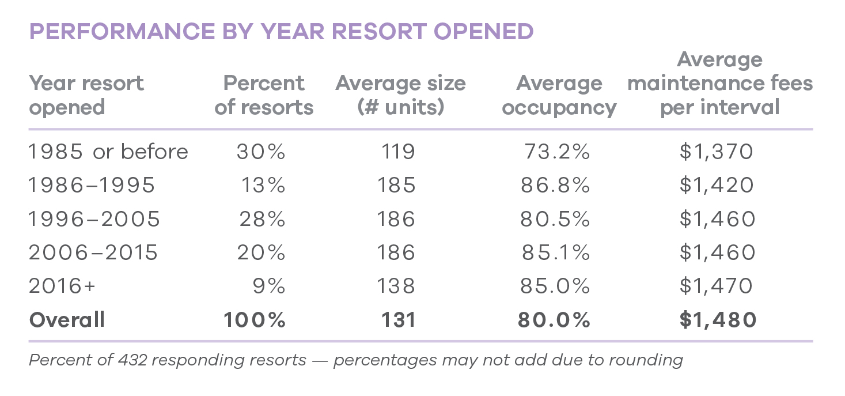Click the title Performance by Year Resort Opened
pos(281,32)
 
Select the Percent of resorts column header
pos(264,95)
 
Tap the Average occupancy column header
pos(559,95)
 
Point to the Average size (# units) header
pos(400,95)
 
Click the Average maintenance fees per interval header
pos(719,84)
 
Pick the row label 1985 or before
pos(108,152)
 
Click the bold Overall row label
pos(67,319)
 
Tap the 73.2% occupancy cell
pos(557,152)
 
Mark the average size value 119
pos(398,152)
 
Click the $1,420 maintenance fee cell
pos(717,185)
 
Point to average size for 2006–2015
pos(396,252)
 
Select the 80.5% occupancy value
pos(555,219)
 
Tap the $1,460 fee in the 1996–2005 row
pos(717,219)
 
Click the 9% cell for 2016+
pos(269,286)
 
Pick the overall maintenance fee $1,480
pos(717,319)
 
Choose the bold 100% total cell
pos(255,319)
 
